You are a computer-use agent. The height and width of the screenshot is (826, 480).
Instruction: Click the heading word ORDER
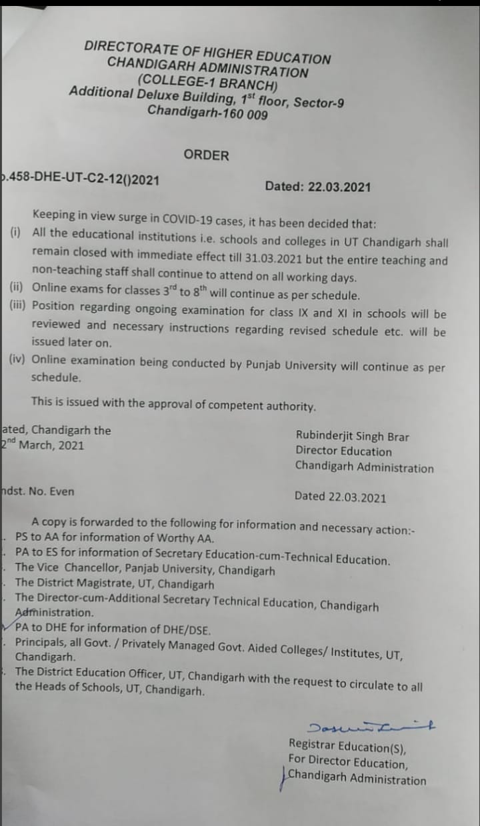pyautogui.click(x=206, y=155)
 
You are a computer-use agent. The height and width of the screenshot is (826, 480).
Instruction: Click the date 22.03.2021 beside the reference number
pyautogui.click(x=339, y=187)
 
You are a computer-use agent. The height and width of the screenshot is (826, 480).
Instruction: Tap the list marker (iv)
pyautogui.click(x=17, y=359)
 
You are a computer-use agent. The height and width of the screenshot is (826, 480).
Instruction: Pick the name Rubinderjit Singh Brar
pyautogui.click(x=352, y=437)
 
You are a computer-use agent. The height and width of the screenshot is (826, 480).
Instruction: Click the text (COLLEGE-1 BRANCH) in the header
pyautogui.click(x=207, y=83)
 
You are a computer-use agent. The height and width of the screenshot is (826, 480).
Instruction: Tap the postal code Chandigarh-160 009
pyautogui.click(x=207, y=112)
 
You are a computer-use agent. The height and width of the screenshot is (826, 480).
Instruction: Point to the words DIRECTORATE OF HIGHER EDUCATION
pyautogui.click(x=207, y=52)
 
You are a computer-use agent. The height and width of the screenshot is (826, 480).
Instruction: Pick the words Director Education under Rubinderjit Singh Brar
pyautogui.click(x=343, y=452)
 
